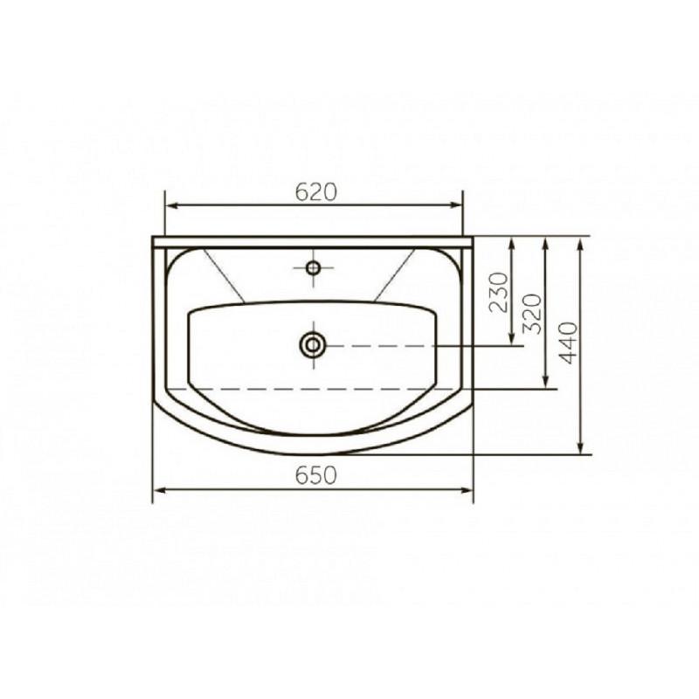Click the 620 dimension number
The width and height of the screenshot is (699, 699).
click(x=316, y=192)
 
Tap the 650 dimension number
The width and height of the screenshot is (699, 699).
click(x=316, y=475)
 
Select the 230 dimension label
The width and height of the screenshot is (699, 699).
click(x=498, y=293)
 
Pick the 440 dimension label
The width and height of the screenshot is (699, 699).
click(x=568, y=343)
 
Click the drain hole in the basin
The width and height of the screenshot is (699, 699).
click(x=313, y=345)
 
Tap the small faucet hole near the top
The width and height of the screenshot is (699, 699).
click(x=314, y=268)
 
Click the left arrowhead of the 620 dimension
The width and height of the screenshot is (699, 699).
click(x=171, y=205)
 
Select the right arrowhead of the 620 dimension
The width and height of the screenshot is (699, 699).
click(x=456, y=205)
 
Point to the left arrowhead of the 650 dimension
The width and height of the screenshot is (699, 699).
click(x=160, y=490)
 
